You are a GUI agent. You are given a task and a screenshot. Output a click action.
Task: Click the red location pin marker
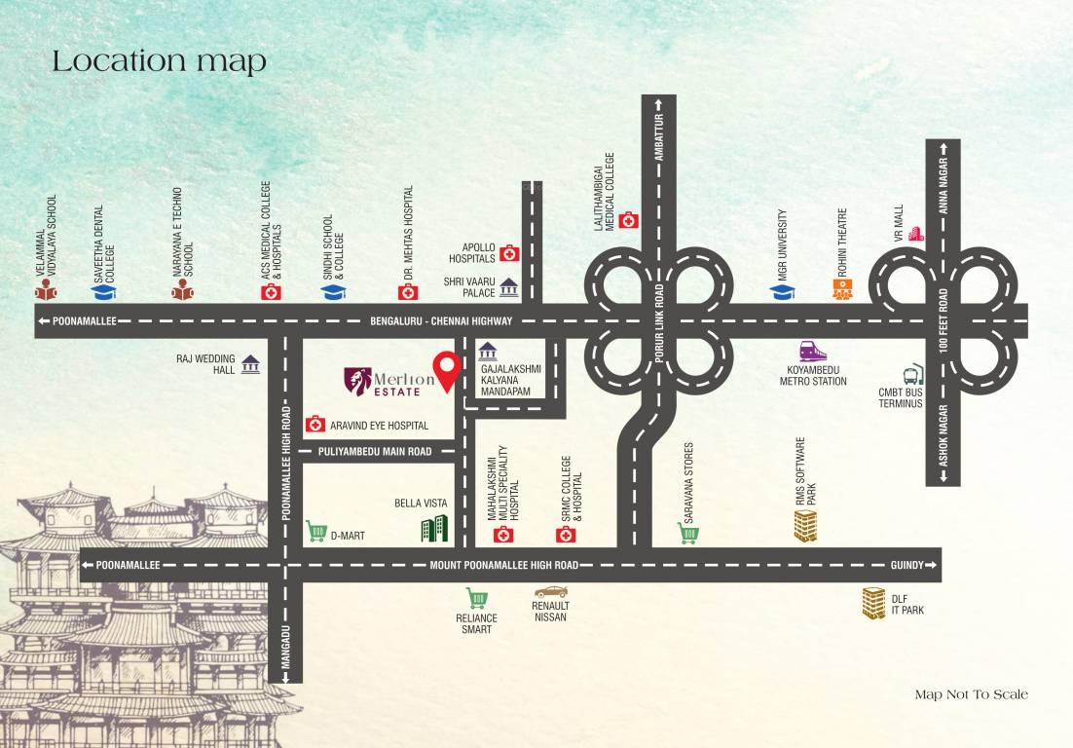[447, 368]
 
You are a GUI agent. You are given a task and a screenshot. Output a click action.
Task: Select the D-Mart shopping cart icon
[315, 531]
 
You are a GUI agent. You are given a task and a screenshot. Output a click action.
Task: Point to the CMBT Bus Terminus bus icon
[914, 375]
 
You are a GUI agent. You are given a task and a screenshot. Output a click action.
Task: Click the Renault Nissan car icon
[550, 591]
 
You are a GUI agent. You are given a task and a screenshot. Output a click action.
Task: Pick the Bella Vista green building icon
[434, 528]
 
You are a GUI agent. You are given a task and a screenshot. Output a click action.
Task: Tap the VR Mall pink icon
[915, 234]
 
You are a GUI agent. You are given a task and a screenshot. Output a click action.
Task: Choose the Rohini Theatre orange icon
[842, 289]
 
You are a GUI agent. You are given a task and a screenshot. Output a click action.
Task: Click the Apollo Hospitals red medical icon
[509, 254]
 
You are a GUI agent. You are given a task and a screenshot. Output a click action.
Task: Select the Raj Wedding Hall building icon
[250, 364]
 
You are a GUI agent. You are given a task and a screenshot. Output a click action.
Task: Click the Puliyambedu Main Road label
[374, 452]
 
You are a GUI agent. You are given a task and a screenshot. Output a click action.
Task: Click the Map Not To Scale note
[971, 694]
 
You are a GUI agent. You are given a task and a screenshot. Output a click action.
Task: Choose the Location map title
[159, 61]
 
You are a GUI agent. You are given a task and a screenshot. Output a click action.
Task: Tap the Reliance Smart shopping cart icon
[476, 598]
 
